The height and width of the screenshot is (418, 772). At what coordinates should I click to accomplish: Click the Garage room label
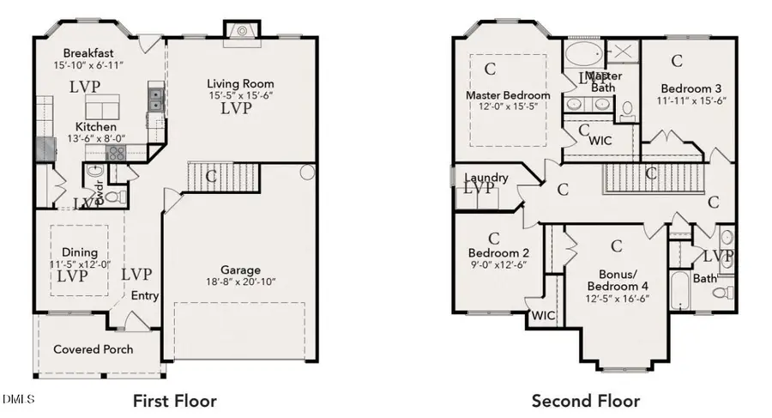tap(239, 270)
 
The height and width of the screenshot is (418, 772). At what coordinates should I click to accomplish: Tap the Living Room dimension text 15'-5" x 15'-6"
tap(240, 96)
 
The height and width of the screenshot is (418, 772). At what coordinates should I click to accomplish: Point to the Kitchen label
tap(95, 127)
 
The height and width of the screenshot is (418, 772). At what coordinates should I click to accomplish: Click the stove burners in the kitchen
tap(116, 152)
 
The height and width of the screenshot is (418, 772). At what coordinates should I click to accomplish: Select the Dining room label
tap(79, 252)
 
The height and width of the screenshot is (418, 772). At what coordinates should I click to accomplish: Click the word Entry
tap(144, 295)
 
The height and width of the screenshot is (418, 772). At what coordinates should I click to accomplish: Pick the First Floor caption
tap(174, 400)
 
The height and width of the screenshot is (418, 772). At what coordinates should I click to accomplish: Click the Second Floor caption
tap(585, 400)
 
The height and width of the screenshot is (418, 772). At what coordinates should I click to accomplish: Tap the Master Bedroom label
tap(508, 94)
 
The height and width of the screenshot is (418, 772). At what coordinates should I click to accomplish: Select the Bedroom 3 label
tap(691, 88)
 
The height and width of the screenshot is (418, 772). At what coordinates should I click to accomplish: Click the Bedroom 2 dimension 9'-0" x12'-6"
tap(499, 265)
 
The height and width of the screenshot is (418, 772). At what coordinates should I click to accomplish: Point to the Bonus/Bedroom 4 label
tap(616, 278)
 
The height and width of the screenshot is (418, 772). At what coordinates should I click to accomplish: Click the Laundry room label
tap(486, 178)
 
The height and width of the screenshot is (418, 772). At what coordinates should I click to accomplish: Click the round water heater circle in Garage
tap(306, 173)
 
